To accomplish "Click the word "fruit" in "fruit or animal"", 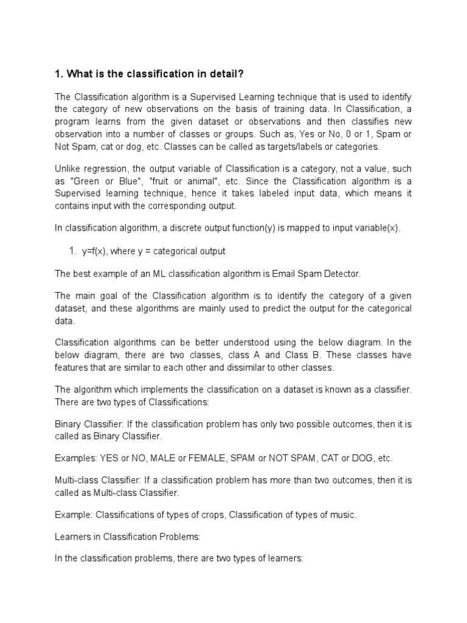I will click(163, 181).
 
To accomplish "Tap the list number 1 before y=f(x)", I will click(71, 251).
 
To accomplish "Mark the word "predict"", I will click(290, 308).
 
